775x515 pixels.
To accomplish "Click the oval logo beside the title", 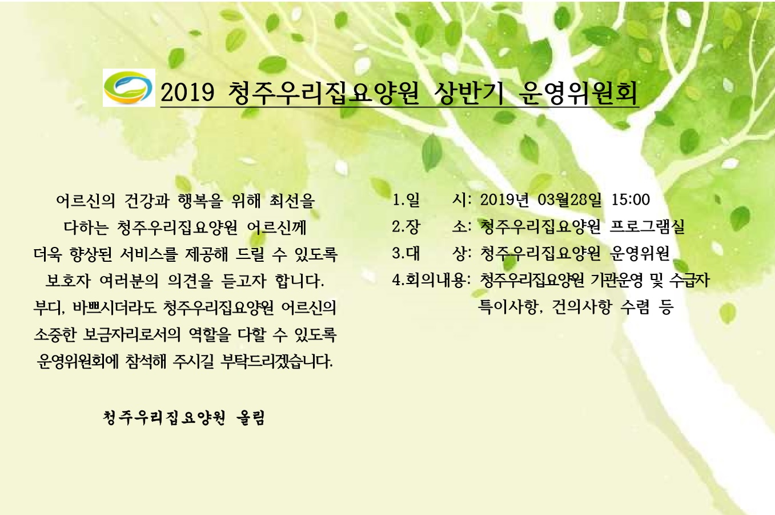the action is (129, 87).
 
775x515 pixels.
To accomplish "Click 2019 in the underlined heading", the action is (187, 93).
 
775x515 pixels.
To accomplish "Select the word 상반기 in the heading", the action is (469, 93).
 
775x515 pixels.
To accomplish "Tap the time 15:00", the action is (631, 200).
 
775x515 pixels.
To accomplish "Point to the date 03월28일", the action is (569, 200).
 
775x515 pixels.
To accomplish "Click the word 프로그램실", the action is (647, 227).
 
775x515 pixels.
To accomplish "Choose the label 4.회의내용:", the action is (431, 280).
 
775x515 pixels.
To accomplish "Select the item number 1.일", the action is (406, 200).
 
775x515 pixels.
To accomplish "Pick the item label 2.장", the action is (406, 227).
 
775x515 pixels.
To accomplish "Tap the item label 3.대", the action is (406, 253).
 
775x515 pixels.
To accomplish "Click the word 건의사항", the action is (582, 307).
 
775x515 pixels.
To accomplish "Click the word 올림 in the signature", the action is (251, 418).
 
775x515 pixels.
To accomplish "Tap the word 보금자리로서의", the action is (132, 335).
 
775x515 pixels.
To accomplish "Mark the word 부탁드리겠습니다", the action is (277, 362).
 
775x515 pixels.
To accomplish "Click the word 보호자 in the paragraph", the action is (68, 281).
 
